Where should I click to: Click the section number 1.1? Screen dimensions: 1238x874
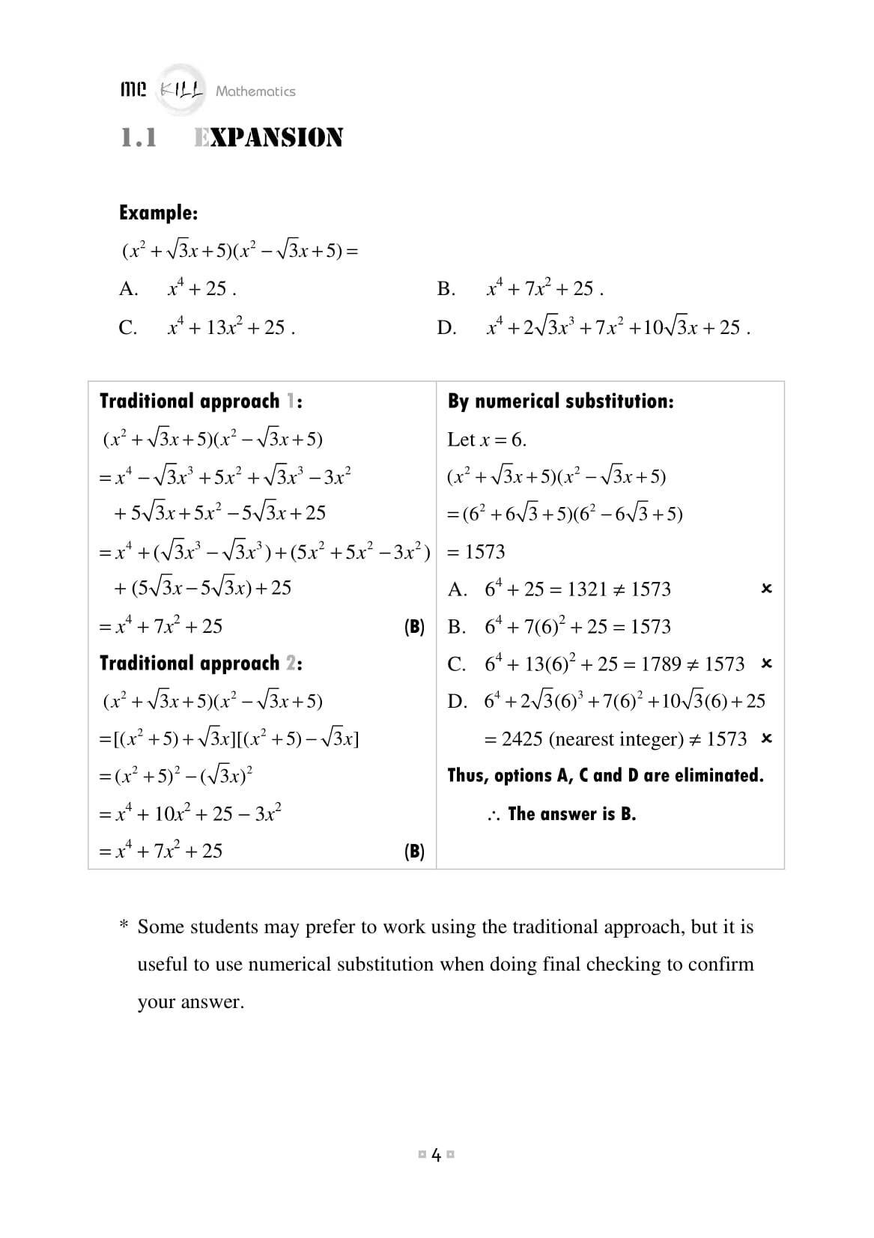tap(139, 139)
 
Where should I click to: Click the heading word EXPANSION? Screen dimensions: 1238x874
tap(268, 139)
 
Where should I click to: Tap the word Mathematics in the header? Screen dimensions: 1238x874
tap(255, 91)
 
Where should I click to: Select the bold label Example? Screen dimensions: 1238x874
tap(159, 213)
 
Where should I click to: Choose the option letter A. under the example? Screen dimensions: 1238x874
tap(129, 289)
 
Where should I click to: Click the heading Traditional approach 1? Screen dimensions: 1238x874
tap(201, 401)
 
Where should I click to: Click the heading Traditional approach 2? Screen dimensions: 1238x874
tap(201, 664)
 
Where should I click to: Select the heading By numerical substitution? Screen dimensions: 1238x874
tap(560, 401)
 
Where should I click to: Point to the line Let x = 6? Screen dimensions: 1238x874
tap(487, 440)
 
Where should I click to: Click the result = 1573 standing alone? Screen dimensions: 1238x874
tap(477, 552)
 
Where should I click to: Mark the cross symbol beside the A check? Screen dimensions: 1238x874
tap(766, 589)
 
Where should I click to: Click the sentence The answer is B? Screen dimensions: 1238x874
tap(571, 814)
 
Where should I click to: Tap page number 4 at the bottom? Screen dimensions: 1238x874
tap(437, 1155)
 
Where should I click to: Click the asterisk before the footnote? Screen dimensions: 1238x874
tap(124, 926)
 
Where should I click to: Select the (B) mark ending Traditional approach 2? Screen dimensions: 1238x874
tap(414, 852)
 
